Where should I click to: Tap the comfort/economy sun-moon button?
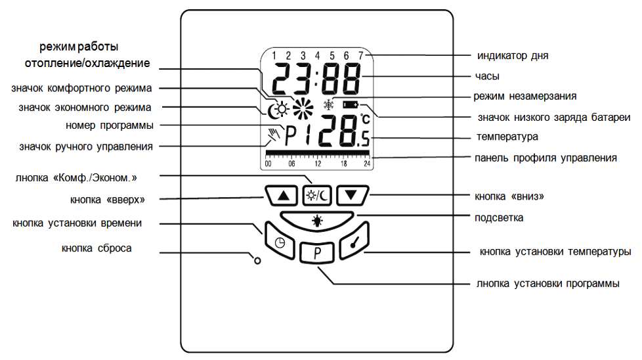coord(317,194)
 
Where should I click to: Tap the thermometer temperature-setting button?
coord(355,242)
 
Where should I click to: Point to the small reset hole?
coord(257,260)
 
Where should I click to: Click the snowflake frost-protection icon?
coord(329,104)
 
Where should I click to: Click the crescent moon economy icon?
coord(271,112)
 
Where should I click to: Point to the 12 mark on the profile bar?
coord(318,163)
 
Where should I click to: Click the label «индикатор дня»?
coord(512,55)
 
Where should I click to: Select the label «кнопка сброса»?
coord(96,248)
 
